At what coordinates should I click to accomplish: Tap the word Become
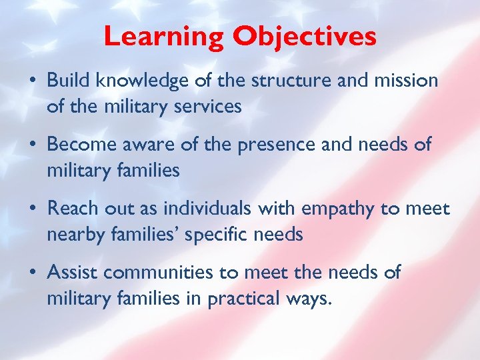pyautogui.click(x=81, y=145)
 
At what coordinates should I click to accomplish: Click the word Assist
pyautogui.click(x=72, y=273)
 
